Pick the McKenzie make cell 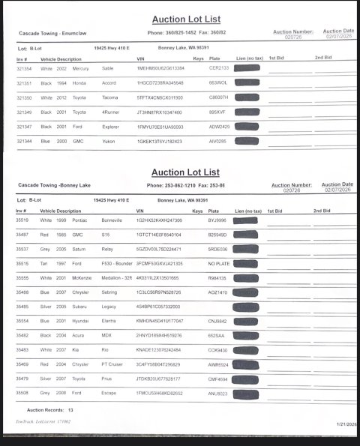point(85,278)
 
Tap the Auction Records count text point(50,411)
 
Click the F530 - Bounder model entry point(119,264)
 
